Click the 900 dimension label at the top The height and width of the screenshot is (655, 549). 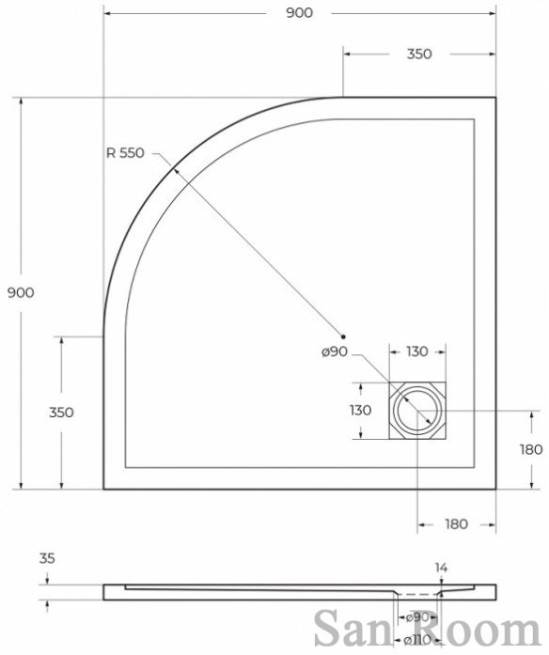(x=299, y=13)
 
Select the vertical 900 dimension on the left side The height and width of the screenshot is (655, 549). (x=21, y=293)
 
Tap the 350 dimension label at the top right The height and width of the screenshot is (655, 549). (x=419, y=54)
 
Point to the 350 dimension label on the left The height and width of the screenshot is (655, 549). (x=61, y=413)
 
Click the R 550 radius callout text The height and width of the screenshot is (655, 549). (x=125, y=153)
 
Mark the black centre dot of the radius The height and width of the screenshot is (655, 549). (x=343, y=336)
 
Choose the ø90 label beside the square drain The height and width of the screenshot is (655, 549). (x=335, y=351)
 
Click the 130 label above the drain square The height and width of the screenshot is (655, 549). (x=417, y=351)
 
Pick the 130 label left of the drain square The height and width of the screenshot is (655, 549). (x=361, y=411)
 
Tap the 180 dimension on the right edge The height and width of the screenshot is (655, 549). (x=531, y=450)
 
